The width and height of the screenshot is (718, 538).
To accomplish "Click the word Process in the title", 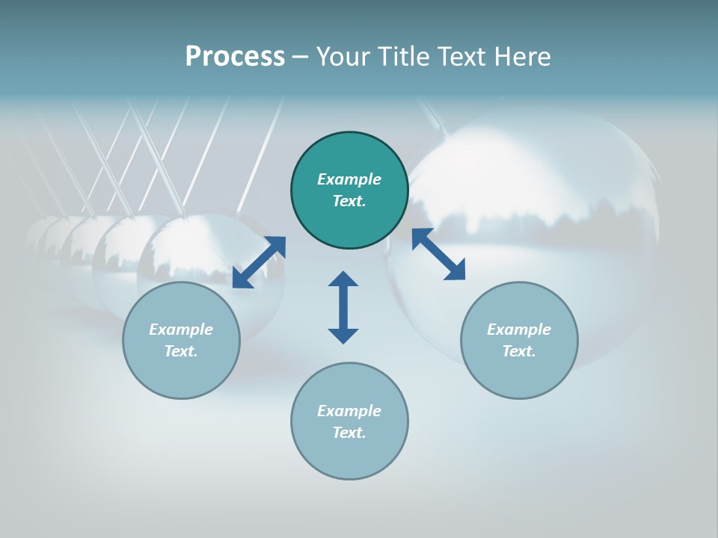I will coord(235,57).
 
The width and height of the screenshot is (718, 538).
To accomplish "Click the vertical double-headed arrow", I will coord(343,307).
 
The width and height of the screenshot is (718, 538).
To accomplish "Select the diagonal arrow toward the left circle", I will coord(259,262).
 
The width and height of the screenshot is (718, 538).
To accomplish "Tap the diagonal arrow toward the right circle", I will coord(438,254).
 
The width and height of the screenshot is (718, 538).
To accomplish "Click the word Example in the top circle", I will coord(349,179).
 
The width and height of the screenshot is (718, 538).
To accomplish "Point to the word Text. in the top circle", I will coord(349,201).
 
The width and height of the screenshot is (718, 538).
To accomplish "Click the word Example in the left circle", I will coord(181,330).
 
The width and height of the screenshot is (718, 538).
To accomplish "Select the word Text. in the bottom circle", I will coord(349,433).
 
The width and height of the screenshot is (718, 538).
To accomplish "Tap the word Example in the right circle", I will coord(519,330).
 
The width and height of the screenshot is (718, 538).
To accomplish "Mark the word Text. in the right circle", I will coord(519,351).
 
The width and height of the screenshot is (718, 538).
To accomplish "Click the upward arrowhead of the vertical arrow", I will coord(343,279).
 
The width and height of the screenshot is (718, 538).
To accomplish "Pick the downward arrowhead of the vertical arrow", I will coord(343,336).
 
